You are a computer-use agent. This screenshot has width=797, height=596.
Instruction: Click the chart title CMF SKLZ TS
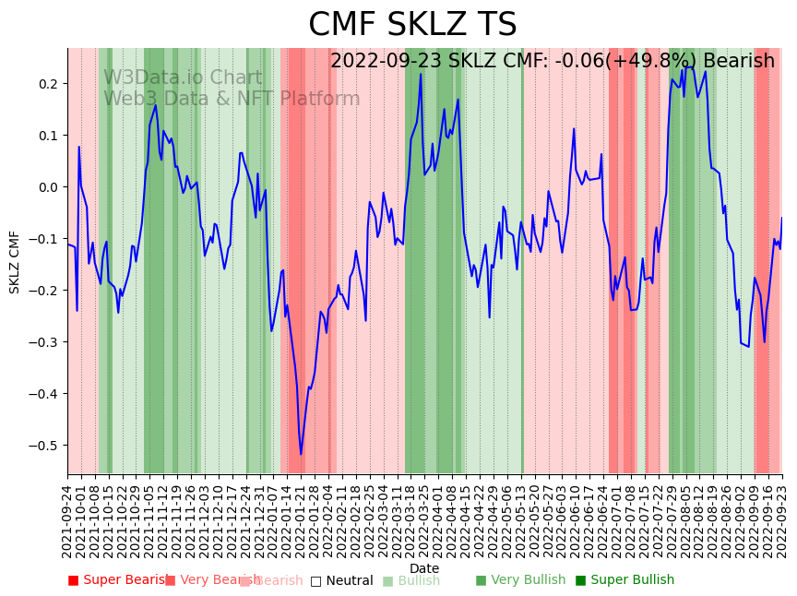412,25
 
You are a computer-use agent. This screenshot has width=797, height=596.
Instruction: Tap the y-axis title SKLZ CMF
15,262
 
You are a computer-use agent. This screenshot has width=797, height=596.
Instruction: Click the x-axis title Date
424,568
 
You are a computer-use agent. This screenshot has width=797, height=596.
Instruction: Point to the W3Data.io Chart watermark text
183,78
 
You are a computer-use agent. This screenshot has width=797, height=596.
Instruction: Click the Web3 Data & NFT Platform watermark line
232,99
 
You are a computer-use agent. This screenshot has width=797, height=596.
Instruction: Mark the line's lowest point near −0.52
301,454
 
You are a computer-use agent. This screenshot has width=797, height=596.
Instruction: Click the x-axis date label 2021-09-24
67,521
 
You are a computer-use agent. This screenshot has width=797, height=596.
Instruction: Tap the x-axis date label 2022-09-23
782,521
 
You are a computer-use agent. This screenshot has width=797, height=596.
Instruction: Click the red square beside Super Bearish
73,580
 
